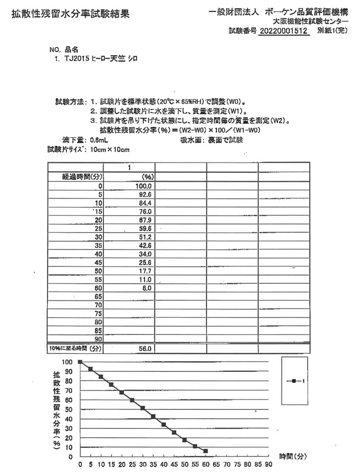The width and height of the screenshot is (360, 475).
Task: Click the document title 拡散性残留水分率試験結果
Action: [70, 15]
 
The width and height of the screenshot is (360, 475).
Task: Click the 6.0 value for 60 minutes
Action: [147, 288]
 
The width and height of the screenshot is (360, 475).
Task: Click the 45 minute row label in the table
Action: [99, 262]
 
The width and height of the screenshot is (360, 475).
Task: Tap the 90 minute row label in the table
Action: [99, 339]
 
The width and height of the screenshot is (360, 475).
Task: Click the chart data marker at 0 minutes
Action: [80, 362]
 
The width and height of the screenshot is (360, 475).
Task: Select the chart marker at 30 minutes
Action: [143, 408]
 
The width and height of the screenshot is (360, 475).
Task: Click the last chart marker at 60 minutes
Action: [206, 451]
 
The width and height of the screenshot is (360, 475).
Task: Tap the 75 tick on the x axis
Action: [237, 465]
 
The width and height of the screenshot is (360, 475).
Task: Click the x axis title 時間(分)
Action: [293, 456]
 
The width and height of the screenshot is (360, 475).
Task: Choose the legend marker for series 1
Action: [294, 381]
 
